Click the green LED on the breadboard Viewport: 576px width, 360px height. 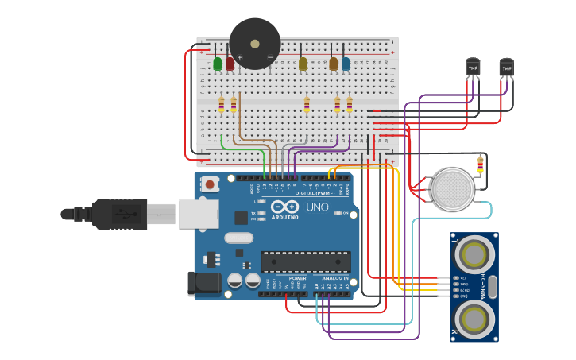(x=218, y=64)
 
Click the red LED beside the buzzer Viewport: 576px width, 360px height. (x=230, y=64)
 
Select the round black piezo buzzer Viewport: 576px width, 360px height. (x=255, y=44)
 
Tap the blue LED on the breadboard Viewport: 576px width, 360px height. (x=346, y=64)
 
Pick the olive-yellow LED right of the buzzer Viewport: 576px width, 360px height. (x=303, y=64)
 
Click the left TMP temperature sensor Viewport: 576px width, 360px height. (x=473, y=68)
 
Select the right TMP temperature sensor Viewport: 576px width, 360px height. (x=506, y=68)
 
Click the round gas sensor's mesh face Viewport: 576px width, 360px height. (x=453, y=189)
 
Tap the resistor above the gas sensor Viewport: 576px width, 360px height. (x=480, y=165)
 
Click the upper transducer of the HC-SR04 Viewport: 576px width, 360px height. (x=474, y=255)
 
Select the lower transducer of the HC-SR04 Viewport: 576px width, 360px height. (x=474, y=319)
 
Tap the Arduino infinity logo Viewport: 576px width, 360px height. (x=285, y=206)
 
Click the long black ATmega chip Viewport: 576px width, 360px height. (x=306, y=261)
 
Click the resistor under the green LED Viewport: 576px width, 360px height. (x=221, y=104)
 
